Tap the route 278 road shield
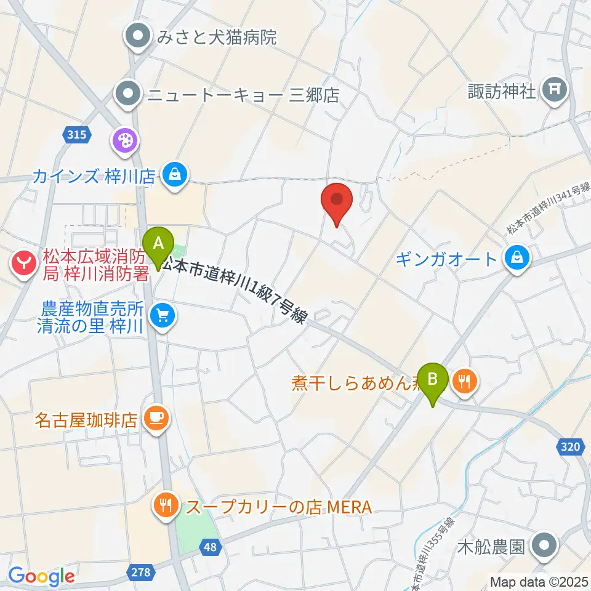click(x=140, y=573)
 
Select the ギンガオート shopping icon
click(x=517, y=259)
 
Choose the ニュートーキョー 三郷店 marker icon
click(x=127, y=95)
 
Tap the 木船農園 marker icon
click(x=544, y=545)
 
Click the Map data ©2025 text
click(x=536, y=581)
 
